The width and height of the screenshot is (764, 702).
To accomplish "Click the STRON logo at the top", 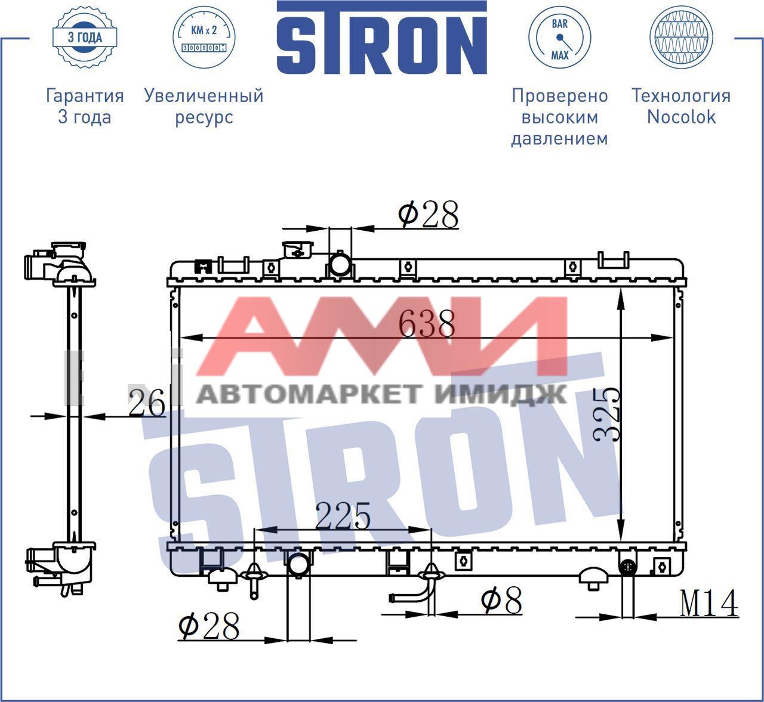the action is click(381, 38).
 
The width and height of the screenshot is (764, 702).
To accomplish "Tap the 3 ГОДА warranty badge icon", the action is click(85, 38).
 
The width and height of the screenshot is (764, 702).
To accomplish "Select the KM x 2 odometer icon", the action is click(204, 38).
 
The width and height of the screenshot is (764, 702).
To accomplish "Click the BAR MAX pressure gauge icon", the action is click(560, 38).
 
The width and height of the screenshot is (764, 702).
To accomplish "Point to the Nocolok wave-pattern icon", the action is click(681, 38).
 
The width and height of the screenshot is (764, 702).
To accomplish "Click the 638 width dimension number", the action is click(427, 324).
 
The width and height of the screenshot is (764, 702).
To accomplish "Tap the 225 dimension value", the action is click(343, 517).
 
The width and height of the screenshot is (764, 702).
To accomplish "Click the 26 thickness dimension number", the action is click(147, 403).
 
